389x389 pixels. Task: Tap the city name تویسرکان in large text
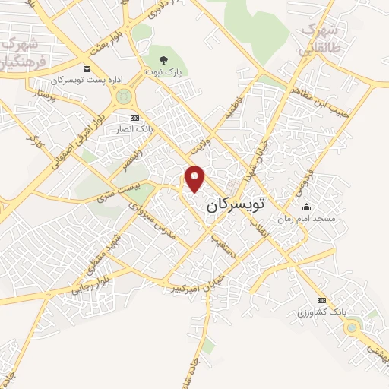click(x=239, y=205)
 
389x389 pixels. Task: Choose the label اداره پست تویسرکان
click(x=78, y=80)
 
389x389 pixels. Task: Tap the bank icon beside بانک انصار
click(x=135, y=117)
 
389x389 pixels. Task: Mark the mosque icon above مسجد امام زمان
click(x=306, y=207)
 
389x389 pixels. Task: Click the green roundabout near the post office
click(x=122, y=96)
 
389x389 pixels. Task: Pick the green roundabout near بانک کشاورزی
click(x=351, y=328)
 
